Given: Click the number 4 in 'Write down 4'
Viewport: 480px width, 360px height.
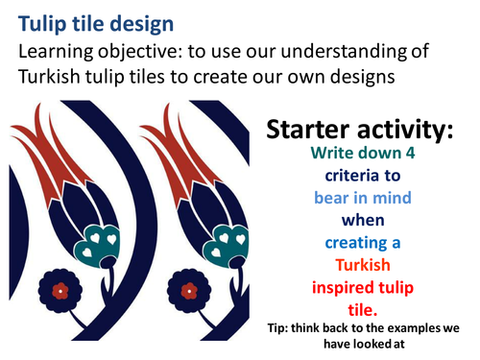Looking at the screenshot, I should point(413,156).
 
